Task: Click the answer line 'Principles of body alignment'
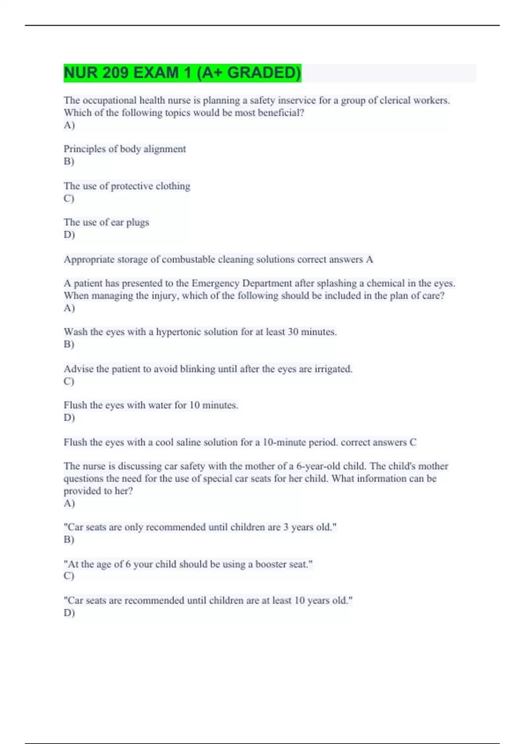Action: (x=125, y=149)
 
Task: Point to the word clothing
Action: (x=173, y=186)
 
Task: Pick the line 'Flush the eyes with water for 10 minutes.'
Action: (x=151, y=405)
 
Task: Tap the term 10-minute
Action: (x=291, y=442)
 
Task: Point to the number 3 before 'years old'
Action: (x=286, y=527)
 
